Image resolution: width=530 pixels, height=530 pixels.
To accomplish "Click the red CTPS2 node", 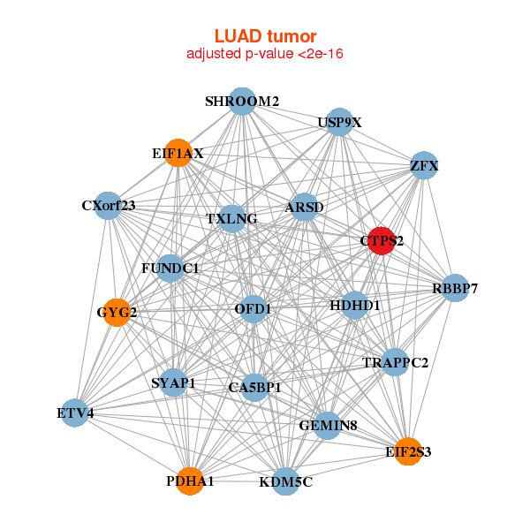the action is (x=381, y=240).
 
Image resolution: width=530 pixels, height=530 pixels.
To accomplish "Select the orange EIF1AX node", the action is (x=178, y=153).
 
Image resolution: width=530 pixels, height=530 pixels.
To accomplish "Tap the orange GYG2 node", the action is (x=117, y=312).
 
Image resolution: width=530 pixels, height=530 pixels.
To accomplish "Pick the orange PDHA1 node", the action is (x=190, y=481).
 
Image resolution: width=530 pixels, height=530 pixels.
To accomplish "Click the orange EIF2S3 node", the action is (x=407, y=451).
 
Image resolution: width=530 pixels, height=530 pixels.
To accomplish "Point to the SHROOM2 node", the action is (x=242, y=101).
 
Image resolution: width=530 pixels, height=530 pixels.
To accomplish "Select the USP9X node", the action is (x=339, y=123).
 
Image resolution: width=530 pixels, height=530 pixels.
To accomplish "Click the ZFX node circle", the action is (x=424, y=165).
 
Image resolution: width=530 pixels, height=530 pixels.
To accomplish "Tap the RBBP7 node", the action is (x=454, y=288).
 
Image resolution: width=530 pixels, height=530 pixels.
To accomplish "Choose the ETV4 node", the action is (x=75, y=413).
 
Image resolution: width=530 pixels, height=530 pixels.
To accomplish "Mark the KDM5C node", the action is (x=285, y=481).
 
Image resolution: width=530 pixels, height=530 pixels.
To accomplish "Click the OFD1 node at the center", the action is (x=254, y=308).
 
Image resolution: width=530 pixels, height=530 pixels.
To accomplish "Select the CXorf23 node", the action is (x=108, y=206).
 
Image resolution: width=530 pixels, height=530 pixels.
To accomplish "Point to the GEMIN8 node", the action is (x=328, y=426).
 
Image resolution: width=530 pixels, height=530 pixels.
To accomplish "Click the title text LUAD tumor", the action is (x=265, y=36).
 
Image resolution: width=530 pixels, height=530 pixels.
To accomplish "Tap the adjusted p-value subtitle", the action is (x=265, y=54).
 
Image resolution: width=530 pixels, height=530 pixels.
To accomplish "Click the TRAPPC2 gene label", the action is (x=395, y=362).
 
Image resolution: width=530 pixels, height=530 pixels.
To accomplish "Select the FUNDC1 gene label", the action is (x=170, y=267).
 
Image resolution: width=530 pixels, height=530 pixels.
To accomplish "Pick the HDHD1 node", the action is (x=354, y=306).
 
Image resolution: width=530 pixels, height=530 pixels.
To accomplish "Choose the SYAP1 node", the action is (x=174, y=383).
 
